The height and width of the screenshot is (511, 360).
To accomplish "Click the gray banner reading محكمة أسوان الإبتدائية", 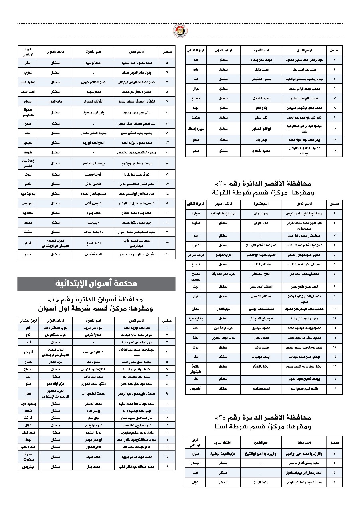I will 97,283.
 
